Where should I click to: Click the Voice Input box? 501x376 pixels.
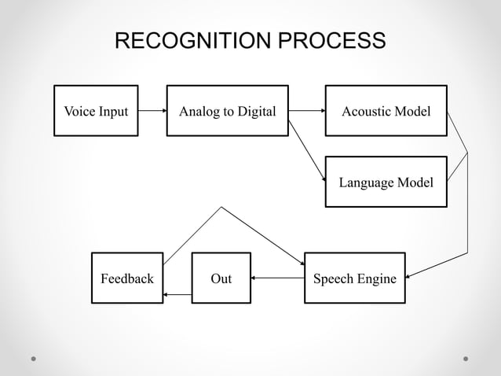96,111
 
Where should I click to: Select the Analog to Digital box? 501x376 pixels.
227,111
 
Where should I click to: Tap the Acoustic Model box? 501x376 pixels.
386,111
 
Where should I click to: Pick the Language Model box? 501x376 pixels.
386,182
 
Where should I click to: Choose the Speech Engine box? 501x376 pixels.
354,278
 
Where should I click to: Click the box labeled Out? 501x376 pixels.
221,278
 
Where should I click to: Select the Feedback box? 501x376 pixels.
127,278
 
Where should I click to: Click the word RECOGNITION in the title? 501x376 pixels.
202,41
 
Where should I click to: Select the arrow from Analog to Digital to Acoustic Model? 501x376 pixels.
306,111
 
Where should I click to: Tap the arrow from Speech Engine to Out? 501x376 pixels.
277,278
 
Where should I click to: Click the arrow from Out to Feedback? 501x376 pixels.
177,295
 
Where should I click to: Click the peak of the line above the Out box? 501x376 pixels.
221,208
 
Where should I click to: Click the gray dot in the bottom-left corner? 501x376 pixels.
34,358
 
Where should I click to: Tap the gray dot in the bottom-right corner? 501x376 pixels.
466,358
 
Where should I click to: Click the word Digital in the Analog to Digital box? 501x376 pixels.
254,111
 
